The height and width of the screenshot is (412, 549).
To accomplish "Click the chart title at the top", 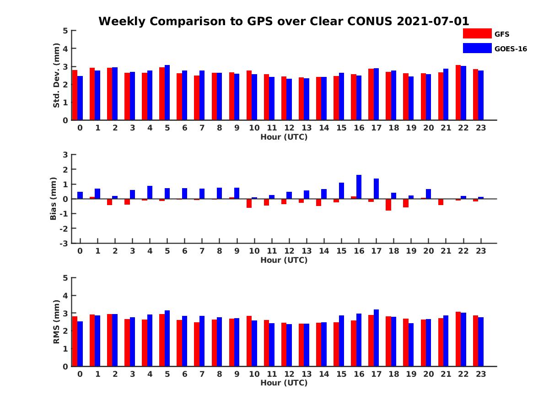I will (x=284, y=22).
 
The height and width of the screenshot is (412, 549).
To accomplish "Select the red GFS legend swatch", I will (x=477, y=33).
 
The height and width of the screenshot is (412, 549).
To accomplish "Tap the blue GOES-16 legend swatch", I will (x=477, y=48).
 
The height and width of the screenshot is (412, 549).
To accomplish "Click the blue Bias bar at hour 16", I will (x=359, y=187).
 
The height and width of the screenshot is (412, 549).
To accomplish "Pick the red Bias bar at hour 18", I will (x=388, y=205).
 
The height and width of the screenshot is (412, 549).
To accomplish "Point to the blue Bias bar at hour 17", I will (x=377, y=189).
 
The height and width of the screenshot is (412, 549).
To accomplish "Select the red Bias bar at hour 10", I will (x=249, y=203).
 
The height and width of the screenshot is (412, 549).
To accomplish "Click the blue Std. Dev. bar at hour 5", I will (x=167, y=92).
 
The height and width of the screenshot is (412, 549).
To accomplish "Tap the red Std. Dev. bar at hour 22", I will (x=458, y=92).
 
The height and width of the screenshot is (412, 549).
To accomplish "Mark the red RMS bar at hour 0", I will (x=75, y=341).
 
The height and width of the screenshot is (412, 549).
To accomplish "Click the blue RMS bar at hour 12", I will (x=289, y=345).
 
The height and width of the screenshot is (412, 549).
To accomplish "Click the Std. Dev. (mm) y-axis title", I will (x=57, y=76).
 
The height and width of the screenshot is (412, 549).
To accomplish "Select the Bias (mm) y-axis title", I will (x=54, y=199).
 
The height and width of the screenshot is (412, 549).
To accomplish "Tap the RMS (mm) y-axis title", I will (x=57, y=322).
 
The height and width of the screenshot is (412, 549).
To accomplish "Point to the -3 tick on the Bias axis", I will (x=65, y=243).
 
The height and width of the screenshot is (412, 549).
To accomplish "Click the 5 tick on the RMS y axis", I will (x=65, y=278).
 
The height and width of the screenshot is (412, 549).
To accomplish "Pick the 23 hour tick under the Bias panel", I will (x=480, y=251).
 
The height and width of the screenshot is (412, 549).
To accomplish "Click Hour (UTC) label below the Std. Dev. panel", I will (x=284, y=137).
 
